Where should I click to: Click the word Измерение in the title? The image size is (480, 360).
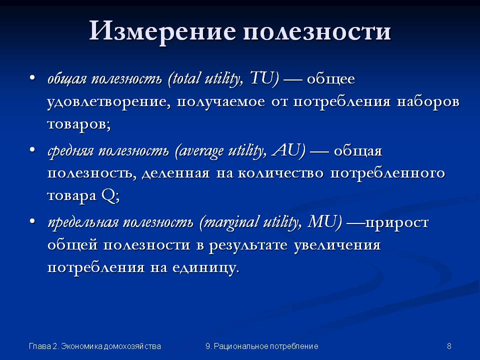[x=163, y=31]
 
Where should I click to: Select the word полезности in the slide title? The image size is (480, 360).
[x=317, y=32]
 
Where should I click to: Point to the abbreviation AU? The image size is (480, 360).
[x=288, y=150]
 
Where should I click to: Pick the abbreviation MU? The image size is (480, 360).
[x=324, y=221]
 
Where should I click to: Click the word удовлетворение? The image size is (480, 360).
[x=108, y=102]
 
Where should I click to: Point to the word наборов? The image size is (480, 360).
[x=428, y=101]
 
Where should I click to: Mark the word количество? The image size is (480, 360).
[x=280, y=173]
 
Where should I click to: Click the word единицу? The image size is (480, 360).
[x=205, y=268]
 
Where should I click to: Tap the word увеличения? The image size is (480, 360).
[x=337, y=245]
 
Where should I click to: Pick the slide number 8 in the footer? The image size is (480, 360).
[x=449, y=346]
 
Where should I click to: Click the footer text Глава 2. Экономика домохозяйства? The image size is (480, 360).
[x=95, y=346]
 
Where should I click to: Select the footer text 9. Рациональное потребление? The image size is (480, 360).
[x=262, y=346]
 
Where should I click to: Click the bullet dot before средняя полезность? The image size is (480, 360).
[x=32, y=150]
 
